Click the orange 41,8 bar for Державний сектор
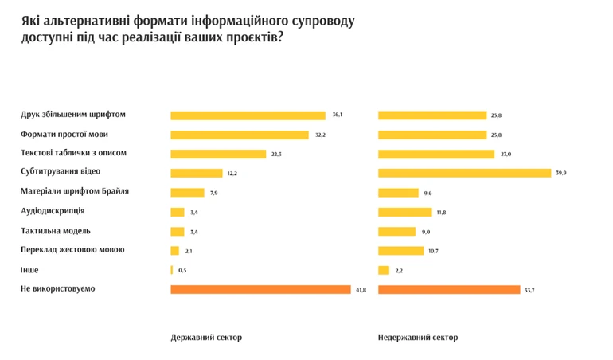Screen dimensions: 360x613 coord(260,289)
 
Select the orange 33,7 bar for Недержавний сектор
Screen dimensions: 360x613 coord(448,289)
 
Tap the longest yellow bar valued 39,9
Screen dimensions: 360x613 coord(464,173)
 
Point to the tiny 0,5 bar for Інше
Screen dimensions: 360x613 coord(172,270)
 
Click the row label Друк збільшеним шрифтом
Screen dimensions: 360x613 coord(73,115)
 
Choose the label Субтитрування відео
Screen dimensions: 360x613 coord(61,172)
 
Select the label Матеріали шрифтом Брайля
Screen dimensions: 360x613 coord(75,191)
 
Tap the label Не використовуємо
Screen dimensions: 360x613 coord(57,288)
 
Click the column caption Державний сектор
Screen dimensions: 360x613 coord(206,338)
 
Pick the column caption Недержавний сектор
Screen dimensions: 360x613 coord(418,338)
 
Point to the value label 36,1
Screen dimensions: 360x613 coord(338,115)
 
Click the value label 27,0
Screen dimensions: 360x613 coord(506,154)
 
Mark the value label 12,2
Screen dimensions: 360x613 coord(232,173)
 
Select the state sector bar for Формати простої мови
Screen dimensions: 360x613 coord(239,135)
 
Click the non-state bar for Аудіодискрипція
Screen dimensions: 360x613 coord(404,212)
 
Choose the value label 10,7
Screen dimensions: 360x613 coord(433,251)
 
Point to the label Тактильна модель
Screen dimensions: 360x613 coord(55,231)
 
